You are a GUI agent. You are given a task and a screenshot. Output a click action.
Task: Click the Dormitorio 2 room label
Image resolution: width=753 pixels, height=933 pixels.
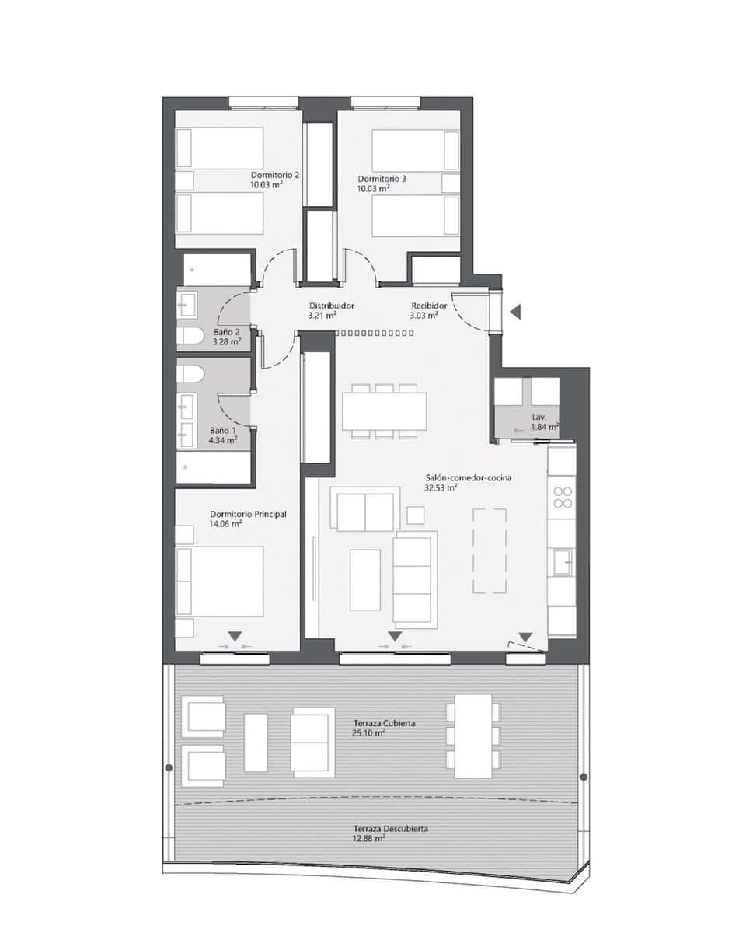tap(275, 175)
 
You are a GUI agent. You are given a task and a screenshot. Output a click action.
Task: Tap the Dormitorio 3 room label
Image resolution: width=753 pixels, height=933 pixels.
tap(382, 178)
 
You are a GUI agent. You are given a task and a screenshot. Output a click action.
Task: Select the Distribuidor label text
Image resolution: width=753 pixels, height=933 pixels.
tap(331, 306)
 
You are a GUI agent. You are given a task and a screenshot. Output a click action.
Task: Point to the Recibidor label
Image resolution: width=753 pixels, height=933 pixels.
tap(428, 306)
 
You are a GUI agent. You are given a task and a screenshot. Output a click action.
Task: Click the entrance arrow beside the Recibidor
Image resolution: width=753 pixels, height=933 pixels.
tap(515, 312)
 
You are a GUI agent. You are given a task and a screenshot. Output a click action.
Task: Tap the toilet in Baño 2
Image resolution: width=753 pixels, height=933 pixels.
tap(190, 335)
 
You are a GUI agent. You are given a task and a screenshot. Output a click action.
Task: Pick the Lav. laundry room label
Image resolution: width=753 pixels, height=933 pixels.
tap(540, 417)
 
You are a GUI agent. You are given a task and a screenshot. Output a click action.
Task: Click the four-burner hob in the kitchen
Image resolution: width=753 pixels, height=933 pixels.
tap(562, 498)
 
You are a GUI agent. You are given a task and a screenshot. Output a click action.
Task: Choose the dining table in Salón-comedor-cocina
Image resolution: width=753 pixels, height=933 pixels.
tap(384, 411)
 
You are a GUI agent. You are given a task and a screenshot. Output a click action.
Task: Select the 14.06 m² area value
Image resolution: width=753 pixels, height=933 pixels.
tap(225, 524)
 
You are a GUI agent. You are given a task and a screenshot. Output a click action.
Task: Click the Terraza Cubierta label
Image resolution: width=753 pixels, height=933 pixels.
tap(384, 723)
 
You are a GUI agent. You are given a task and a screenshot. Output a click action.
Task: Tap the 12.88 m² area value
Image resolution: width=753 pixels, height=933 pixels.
tap(369, 839)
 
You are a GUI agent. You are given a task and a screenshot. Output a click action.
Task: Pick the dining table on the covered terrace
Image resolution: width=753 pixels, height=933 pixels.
tap(473, 736)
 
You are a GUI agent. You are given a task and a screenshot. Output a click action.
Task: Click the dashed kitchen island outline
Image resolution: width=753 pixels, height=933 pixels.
tap(490, 550)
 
